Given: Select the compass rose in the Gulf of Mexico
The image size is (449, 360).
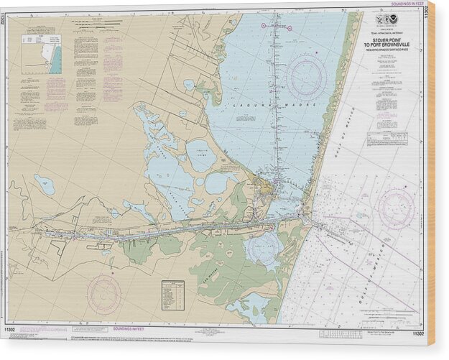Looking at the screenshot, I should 395,208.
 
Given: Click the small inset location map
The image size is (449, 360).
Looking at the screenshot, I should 42,55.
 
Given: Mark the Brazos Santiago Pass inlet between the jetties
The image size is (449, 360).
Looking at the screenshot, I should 310,215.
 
